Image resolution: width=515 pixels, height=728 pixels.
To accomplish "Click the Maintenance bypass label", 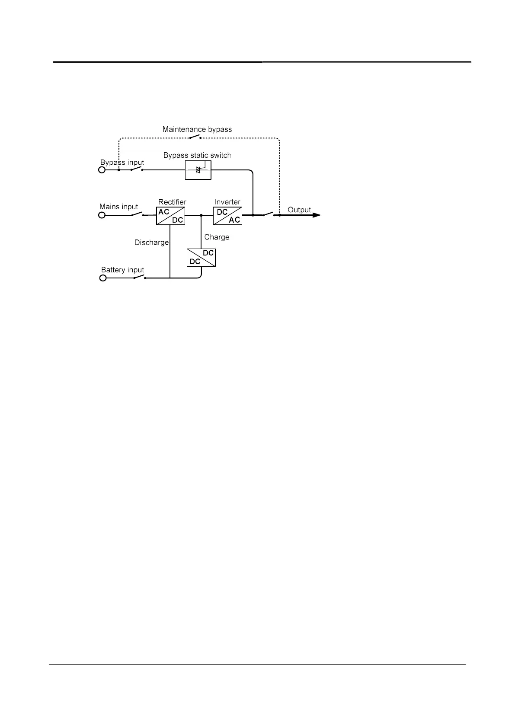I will click(197, 129).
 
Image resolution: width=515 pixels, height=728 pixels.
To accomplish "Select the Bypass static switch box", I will click(198, 169).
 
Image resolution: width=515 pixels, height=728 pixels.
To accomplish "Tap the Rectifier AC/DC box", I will click(170, 216).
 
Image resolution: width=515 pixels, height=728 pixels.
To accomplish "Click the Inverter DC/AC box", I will click(227, 216).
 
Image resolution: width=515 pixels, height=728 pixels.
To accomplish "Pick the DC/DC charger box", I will click(201, 258).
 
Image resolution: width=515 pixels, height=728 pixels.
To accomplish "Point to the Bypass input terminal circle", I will click(102, 170).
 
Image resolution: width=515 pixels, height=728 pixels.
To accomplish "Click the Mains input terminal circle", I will click(102, 215).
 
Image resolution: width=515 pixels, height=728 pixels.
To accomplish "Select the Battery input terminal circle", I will click(103, 278).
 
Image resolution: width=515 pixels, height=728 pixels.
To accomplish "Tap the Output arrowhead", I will click(317, 215).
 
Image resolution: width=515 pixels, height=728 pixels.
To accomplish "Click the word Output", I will click(299, 210).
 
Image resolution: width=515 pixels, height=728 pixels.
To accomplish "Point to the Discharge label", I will click(151, 243).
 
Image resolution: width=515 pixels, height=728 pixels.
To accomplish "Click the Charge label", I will click(217, 237).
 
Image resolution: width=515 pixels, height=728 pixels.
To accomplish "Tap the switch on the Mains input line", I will click(138, 214).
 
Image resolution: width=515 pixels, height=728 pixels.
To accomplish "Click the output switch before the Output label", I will click(269, 214).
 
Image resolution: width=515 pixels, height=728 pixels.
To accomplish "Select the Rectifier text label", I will click(172, 202).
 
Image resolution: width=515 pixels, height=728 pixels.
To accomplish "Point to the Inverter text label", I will click(227, 202).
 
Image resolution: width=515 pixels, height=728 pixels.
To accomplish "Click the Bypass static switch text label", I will click(197, 155).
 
